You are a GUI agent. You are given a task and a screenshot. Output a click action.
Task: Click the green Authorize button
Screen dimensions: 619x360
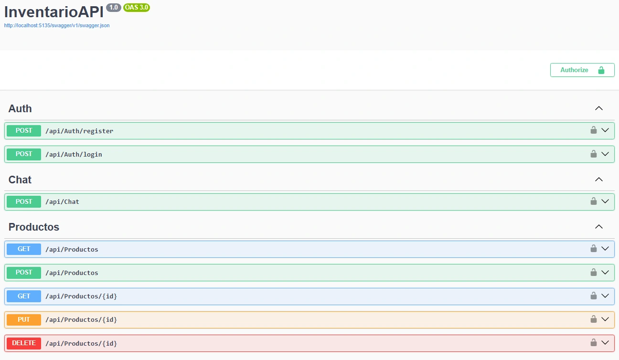[x=582, y=70]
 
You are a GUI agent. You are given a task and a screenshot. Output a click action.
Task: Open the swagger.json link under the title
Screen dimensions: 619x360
[x=57, y=25]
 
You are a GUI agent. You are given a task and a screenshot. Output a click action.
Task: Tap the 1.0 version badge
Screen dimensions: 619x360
[x=114, y=8]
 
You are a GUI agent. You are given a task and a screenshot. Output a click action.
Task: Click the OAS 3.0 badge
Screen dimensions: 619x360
[x=137, y=8]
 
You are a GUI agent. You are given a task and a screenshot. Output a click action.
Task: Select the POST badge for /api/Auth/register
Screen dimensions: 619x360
[x=24, y=131]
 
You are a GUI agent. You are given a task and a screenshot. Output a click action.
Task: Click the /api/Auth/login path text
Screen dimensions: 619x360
[x=74, y=154]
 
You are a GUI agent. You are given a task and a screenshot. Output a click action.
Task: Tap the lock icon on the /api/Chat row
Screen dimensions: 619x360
[x=594, y=201]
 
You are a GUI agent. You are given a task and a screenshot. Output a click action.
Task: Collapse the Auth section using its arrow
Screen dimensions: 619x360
[x=599, y=108]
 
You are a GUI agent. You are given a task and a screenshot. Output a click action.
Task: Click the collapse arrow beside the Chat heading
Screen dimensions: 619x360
[x=599, y=180]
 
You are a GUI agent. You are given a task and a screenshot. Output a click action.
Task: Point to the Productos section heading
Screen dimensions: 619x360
[x=34, y=227]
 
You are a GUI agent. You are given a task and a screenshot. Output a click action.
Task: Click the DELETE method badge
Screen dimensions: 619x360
[x=24, y=343]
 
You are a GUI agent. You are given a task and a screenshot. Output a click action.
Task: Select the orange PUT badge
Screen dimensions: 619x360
[x=24, y=320]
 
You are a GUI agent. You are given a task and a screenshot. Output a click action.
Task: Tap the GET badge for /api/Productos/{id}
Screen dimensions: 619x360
[x=24, y=296]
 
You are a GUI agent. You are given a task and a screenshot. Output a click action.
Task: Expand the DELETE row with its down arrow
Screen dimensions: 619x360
[x=605, y=343]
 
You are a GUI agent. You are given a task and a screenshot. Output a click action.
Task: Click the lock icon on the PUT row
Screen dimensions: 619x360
[x=594, y=319]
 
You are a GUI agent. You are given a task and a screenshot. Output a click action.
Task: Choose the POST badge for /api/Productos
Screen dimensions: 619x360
[x=24, y=273]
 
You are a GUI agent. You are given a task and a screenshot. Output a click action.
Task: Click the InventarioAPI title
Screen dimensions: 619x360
[x=54, y=12]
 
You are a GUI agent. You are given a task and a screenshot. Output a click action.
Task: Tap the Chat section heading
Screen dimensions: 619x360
[x=20, y=180]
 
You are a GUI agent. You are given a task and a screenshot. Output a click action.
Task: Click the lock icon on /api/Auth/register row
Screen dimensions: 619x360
[x=594, y=130]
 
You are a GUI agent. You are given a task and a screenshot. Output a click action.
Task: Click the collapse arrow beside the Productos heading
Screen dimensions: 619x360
[x=599, y=227]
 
